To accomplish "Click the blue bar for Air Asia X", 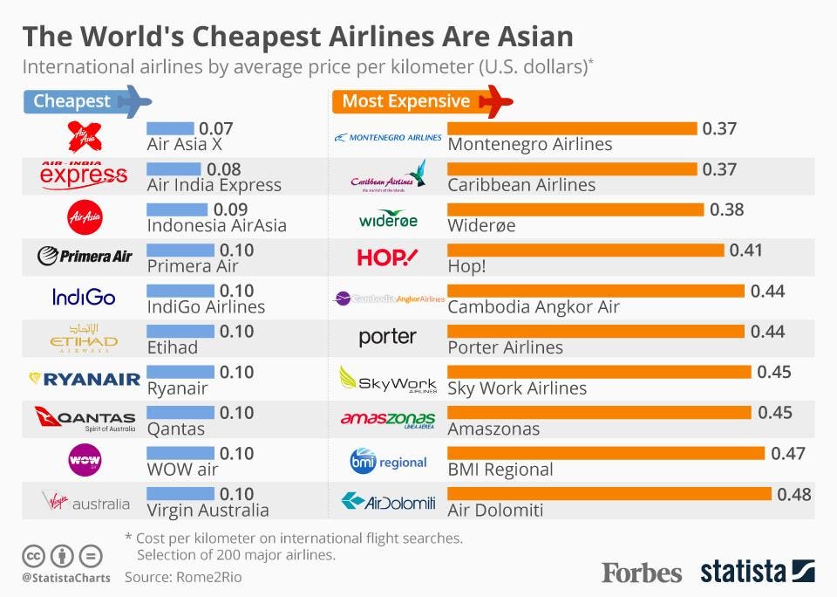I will click(x=171, y=127).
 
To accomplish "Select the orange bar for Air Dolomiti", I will click(x=609, y=494).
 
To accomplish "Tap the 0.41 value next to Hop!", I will click(x=745, y=250).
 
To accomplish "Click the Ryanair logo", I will click(x=85, y=379).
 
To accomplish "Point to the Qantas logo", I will click(x=85, y=420).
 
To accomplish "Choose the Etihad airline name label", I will click(x=173, y=347).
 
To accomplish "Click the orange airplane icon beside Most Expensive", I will click(x=496, y=101).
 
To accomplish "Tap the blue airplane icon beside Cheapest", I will click(x=134, y=101).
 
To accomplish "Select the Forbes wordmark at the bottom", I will click(x=641, y=573).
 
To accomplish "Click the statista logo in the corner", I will click(x=758, y=572).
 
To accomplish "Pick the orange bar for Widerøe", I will click(x=575, y=209).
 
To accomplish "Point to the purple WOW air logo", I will click(x=85, y=459).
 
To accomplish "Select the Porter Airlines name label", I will click(x=505, y=347).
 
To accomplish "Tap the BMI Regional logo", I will click(x=388, y=460).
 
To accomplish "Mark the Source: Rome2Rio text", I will click(x=183, y=577).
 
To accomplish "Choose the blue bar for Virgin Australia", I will click(x=180, y=494).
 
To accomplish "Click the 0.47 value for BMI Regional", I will click(x=788, y=453).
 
